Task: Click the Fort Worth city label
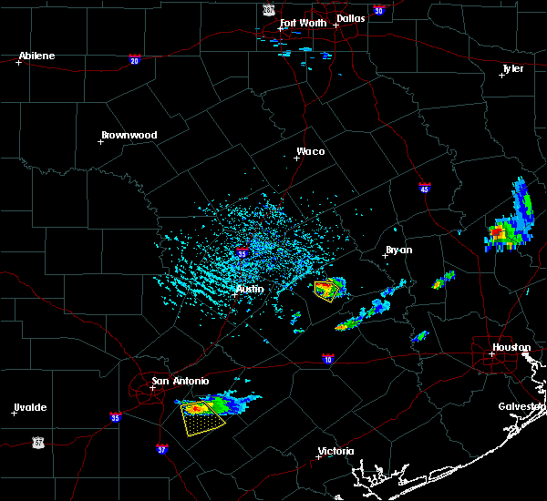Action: pos(302,23)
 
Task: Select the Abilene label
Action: pos(36,56)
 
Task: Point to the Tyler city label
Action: pos(513,68)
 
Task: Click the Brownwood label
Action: pos(129,135)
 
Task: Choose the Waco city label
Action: pos(310,151)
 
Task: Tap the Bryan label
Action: pos(398,249)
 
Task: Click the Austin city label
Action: pos(250,289)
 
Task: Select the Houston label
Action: pos(511,347)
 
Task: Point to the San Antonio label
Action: pos(180,381)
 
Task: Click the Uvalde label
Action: pos(29,406)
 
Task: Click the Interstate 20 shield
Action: pos(135,60)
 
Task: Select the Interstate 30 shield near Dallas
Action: pos(378,10)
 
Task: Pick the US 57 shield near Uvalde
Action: pos(37,441)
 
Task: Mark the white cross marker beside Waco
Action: pos(296,158)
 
